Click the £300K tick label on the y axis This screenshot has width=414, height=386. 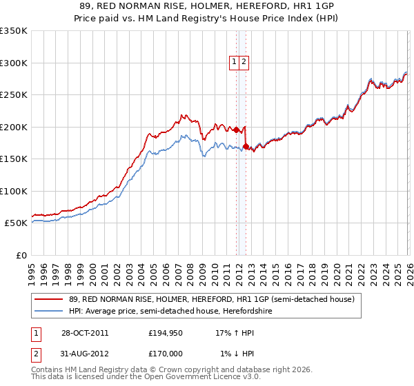click(x=14, y=63)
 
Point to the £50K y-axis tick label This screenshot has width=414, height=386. click(x=16, y=223)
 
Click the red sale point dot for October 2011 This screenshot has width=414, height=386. click(x=236, y=130)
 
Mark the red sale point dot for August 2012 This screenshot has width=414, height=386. click(x=246, y=146)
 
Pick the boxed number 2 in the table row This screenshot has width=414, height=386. click(x=34, y=354)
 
